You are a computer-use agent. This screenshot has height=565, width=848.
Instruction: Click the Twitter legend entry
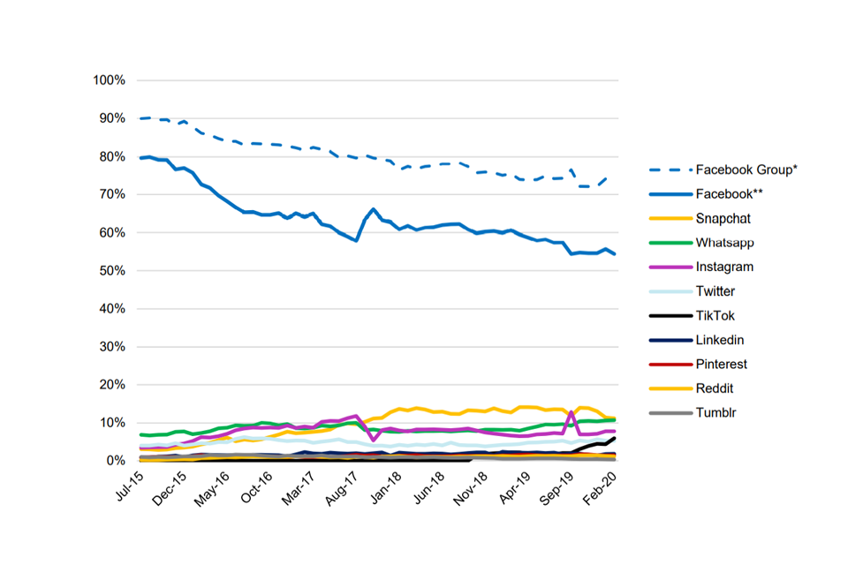point(715,291)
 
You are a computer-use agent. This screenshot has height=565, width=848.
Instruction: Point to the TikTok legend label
point(715,315)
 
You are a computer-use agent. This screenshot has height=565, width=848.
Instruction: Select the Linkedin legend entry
point(720,340)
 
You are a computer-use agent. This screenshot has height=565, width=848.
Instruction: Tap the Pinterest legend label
point(722,364)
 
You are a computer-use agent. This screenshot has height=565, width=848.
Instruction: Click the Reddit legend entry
point(715,388)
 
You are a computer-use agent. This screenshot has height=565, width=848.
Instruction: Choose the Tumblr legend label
point(715,412)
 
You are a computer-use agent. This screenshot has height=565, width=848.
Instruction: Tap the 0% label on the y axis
point(116,461)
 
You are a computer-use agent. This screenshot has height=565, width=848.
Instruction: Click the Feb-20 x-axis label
point(602,486)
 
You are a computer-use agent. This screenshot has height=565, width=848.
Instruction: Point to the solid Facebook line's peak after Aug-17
point(374,209)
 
